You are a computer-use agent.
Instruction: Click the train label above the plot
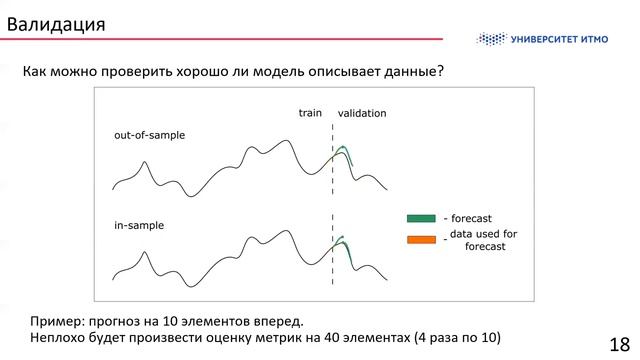point(310,113)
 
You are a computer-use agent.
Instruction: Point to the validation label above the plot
point(362,113)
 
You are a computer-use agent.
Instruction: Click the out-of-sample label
point(150,134)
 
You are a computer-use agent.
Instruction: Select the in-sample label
point(139,227)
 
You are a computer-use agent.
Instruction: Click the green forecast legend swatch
point(421,218)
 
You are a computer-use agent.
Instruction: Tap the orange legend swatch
point(421,239)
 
